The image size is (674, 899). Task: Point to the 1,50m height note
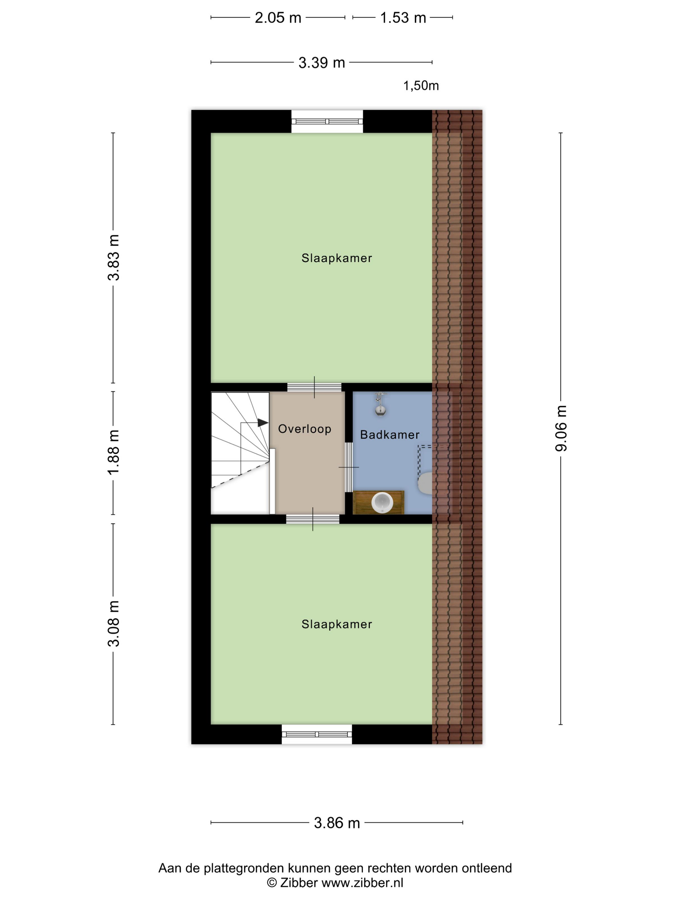pyautogui.click(x=421, y=86)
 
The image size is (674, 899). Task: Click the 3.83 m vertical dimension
pyautogui.click(x=114, y=258)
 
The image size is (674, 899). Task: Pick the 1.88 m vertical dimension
pyautogui.click(x=114, y=452)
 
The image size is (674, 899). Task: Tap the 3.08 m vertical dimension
pyautogui.click(x=114, y=624)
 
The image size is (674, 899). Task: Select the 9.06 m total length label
pyautogui.click(x=561, y=428)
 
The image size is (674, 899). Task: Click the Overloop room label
pyautogui.click(x=305, y=429)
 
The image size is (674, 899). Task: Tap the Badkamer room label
pyautogui.click(x=390, y=435)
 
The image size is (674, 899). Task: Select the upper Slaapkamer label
pyautogui.click(x=337, y=258)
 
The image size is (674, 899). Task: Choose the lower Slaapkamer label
pyautogui.click(x=337, y=624)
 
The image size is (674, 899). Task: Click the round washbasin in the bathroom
pyautogui.click(x=382, y=503)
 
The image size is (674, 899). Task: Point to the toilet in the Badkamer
pyautogui.click(x=425, y=483)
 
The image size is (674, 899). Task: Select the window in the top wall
pyautogui.click(x=327, y=121)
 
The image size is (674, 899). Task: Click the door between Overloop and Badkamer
pyautogui.click(x=349, y=467)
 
